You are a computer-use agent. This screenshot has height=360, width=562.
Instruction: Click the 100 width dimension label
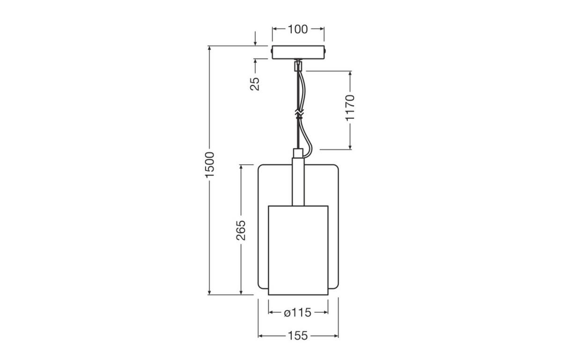298,29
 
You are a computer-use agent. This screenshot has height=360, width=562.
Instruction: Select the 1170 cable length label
350,107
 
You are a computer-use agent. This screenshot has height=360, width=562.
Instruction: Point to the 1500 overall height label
210,164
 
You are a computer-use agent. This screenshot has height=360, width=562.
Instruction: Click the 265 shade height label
241,230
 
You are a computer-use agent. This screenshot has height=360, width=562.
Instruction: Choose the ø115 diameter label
297,312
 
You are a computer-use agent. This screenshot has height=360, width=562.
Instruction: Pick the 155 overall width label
298,336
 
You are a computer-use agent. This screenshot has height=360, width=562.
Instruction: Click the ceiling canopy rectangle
298,52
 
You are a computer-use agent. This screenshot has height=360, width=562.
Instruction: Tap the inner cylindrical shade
298,250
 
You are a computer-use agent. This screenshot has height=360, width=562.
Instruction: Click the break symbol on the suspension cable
298,114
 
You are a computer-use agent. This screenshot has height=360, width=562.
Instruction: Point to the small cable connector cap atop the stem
298,153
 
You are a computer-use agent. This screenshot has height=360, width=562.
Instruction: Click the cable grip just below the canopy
297,66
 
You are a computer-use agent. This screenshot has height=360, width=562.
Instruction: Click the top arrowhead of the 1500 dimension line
210,49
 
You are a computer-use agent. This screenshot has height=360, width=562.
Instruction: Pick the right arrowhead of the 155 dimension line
336,336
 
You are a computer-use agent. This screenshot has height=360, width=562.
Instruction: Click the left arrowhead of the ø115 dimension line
271,312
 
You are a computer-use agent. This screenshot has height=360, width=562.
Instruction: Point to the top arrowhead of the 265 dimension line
241,167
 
